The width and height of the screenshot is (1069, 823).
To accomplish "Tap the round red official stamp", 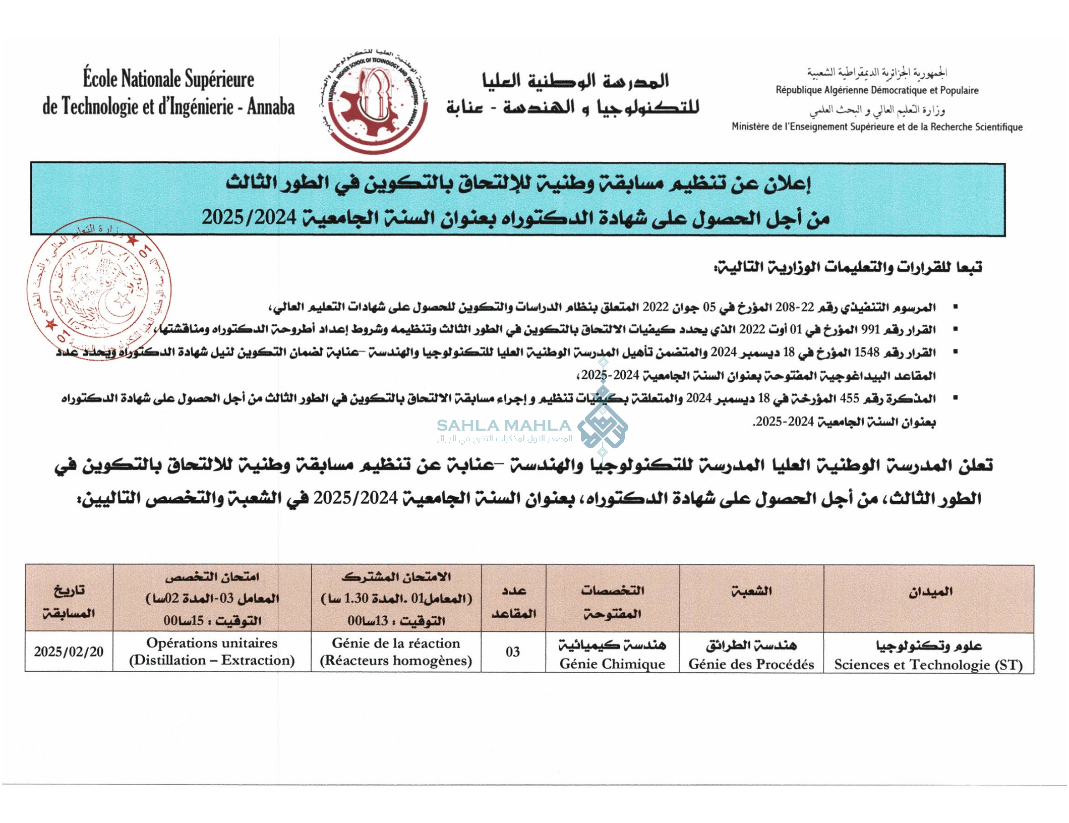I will point(99,289).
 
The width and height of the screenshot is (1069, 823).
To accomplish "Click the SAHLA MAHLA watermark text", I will point(504,426).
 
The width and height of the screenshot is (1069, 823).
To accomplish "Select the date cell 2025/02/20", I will point(69,652).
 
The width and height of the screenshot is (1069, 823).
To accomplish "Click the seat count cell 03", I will point(513,652).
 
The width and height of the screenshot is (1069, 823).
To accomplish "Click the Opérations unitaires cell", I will point(212,652).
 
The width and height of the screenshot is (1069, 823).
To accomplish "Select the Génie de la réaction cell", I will point(396,652).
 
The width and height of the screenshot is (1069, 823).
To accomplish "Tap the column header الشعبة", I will point(751,591).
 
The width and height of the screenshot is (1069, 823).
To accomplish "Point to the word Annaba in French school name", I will point(271,107).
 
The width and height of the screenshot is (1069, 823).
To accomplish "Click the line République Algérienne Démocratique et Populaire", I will point(877,90).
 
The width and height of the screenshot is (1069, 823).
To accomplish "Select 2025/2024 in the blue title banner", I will point(249,217).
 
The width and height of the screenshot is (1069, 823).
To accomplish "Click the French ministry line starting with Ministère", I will point(877,127).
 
